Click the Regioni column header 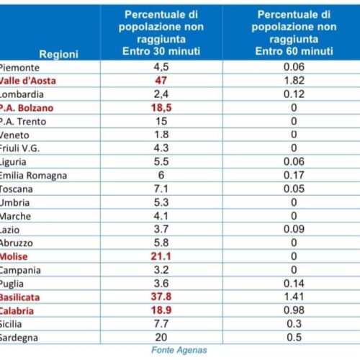click(59, 54)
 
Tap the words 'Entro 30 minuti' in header click(161, 51)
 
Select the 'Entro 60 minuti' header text click(294, 51)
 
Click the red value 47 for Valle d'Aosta click(161, 80)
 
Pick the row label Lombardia click(22, 94)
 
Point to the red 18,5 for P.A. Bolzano click(161, 108)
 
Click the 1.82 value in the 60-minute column click(294, 81)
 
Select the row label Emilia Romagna click(33, 176)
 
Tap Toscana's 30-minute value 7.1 click(161, 189)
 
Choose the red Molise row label click(14, 256)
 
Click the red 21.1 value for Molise click(161, 256)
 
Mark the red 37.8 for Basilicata click(161, 297)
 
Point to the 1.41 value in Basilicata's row click(294, 297)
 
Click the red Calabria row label click(17, 311)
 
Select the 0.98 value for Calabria click(294, 310)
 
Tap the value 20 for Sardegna click(161, 338)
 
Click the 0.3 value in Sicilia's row click(294, 324)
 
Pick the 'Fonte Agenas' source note click(179, 350)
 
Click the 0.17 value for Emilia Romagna click(294, 175)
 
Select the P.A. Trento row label click(23, 122)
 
